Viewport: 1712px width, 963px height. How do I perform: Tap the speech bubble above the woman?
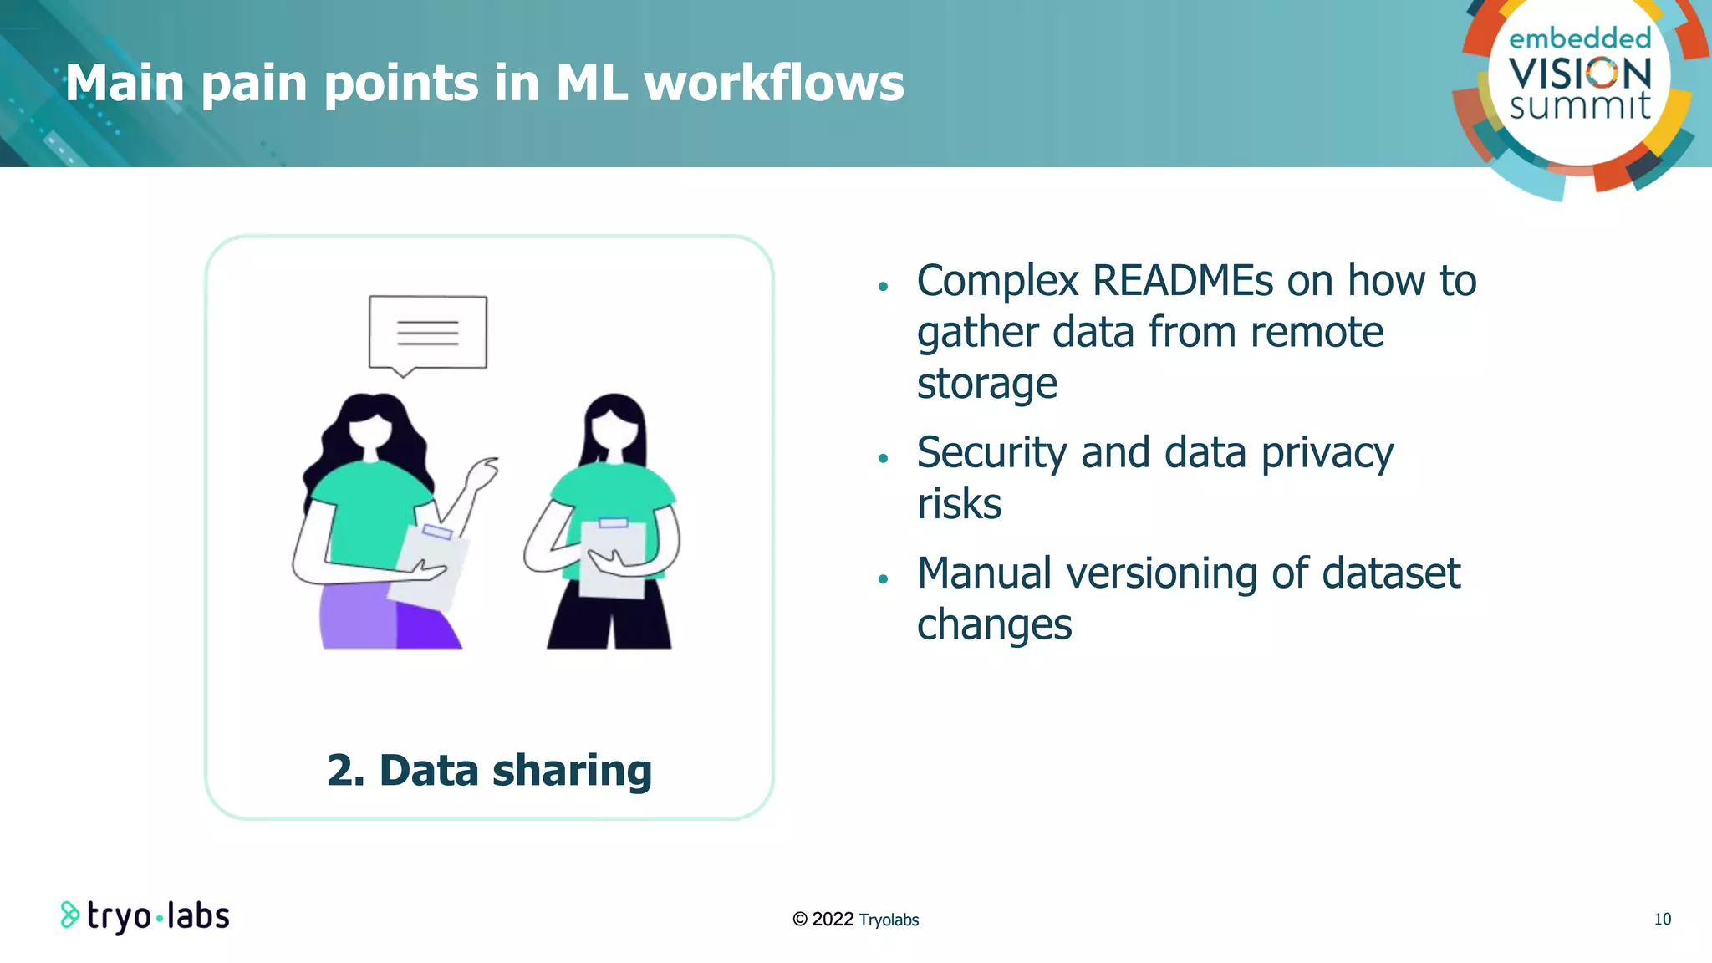coord(427,332)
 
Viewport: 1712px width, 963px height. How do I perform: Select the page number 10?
coord(1662,919)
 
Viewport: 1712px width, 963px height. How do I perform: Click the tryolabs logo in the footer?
coord(145,916)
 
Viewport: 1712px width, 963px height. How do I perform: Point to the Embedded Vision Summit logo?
coord(1578,84)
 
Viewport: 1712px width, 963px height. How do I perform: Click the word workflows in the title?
coord(773,84)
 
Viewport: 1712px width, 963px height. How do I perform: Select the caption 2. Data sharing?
coord(489,770)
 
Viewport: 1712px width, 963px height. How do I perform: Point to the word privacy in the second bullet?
coord(1327,454)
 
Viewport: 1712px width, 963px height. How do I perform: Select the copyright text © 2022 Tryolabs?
coord(855,920)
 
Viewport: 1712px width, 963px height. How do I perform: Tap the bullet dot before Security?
coord(883,458)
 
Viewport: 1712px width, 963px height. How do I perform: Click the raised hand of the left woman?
coord(482,473)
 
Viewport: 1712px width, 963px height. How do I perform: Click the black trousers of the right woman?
coord(609,619)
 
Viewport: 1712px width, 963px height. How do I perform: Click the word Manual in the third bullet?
coord(984,574)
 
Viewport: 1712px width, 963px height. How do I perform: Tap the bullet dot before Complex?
coord(883,287)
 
